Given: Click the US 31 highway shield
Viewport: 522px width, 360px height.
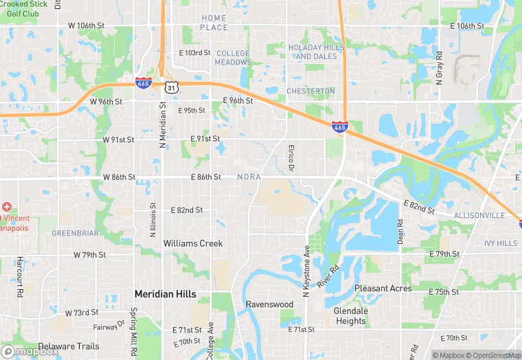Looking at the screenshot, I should tap(171, 87).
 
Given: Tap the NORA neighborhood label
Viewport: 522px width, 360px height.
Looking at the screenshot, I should tap(249, 177).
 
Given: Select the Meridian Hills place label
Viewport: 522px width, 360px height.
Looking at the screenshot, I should tap(165, 294).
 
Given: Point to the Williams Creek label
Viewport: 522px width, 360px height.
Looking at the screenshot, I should tap(193, 243).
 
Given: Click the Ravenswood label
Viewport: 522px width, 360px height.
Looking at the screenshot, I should tap(270, 304).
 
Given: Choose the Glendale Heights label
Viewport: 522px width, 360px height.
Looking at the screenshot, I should tap(350, 315).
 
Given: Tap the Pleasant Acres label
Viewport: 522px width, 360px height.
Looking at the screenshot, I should tap(383, 289).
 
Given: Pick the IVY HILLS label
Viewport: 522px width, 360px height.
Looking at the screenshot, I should tap(501, 243).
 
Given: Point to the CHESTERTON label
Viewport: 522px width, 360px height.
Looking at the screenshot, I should tap(310, 91).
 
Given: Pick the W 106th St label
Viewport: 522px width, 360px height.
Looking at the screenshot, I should tap(87, 25).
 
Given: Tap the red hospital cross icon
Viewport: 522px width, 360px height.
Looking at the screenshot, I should tap(7, 207).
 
